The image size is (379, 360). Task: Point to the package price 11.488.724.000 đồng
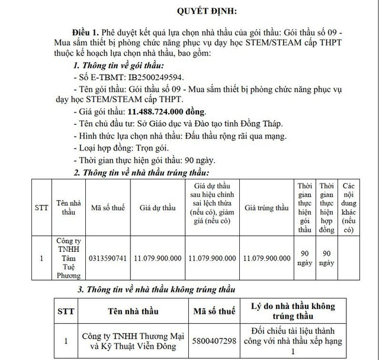pyautogui.click(x=166, y=112)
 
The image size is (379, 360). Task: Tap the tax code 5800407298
pyautogui.click(x=214, y=342)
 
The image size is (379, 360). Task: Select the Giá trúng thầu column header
pyautogui.click(x=266, y=208)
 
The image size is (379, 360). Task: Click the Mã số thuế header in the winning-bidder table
pyautogui.click(x=108, y=208)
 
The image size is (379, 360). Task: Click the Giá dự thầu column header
pyautogui.click(x=158, y=208)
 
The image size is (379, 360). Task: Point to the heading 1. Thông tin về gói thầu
pyautogui.click(x=118, y=65)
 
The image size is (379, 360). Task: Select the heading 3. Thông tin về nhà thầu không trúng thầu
pyautogui.click(x=157, y=290)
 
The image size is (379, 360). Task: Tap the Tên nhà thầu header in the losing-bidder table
pyautogui.click(x=131, y=311)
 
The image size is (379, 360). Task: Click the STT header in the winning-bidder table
pyautogui.click(x=41, y=208)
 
